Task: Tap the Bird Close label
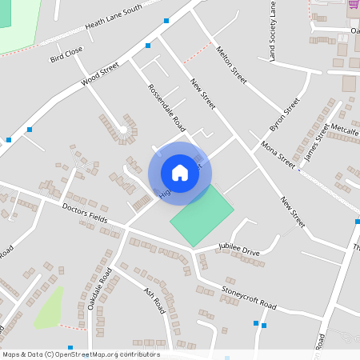pyautogui.click(x=66, y=54)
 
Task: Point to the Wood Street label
pyautogui.click(x=99, y=74)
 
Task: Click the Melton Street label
pyautogui.click(x=232, y=65)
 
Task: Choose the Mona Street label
pyautogui.click(x=278, y=153)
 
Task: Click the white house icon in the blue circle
pyautogui.click(x=180, y=172)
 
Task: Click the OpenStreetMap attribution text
pyautogui.click(x=80, y=354)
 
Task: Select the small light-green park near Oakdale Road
pyautogui.click(x=49, y=308)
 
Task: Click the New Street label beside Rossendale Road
pyautogui.click(x=203, y=93)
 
